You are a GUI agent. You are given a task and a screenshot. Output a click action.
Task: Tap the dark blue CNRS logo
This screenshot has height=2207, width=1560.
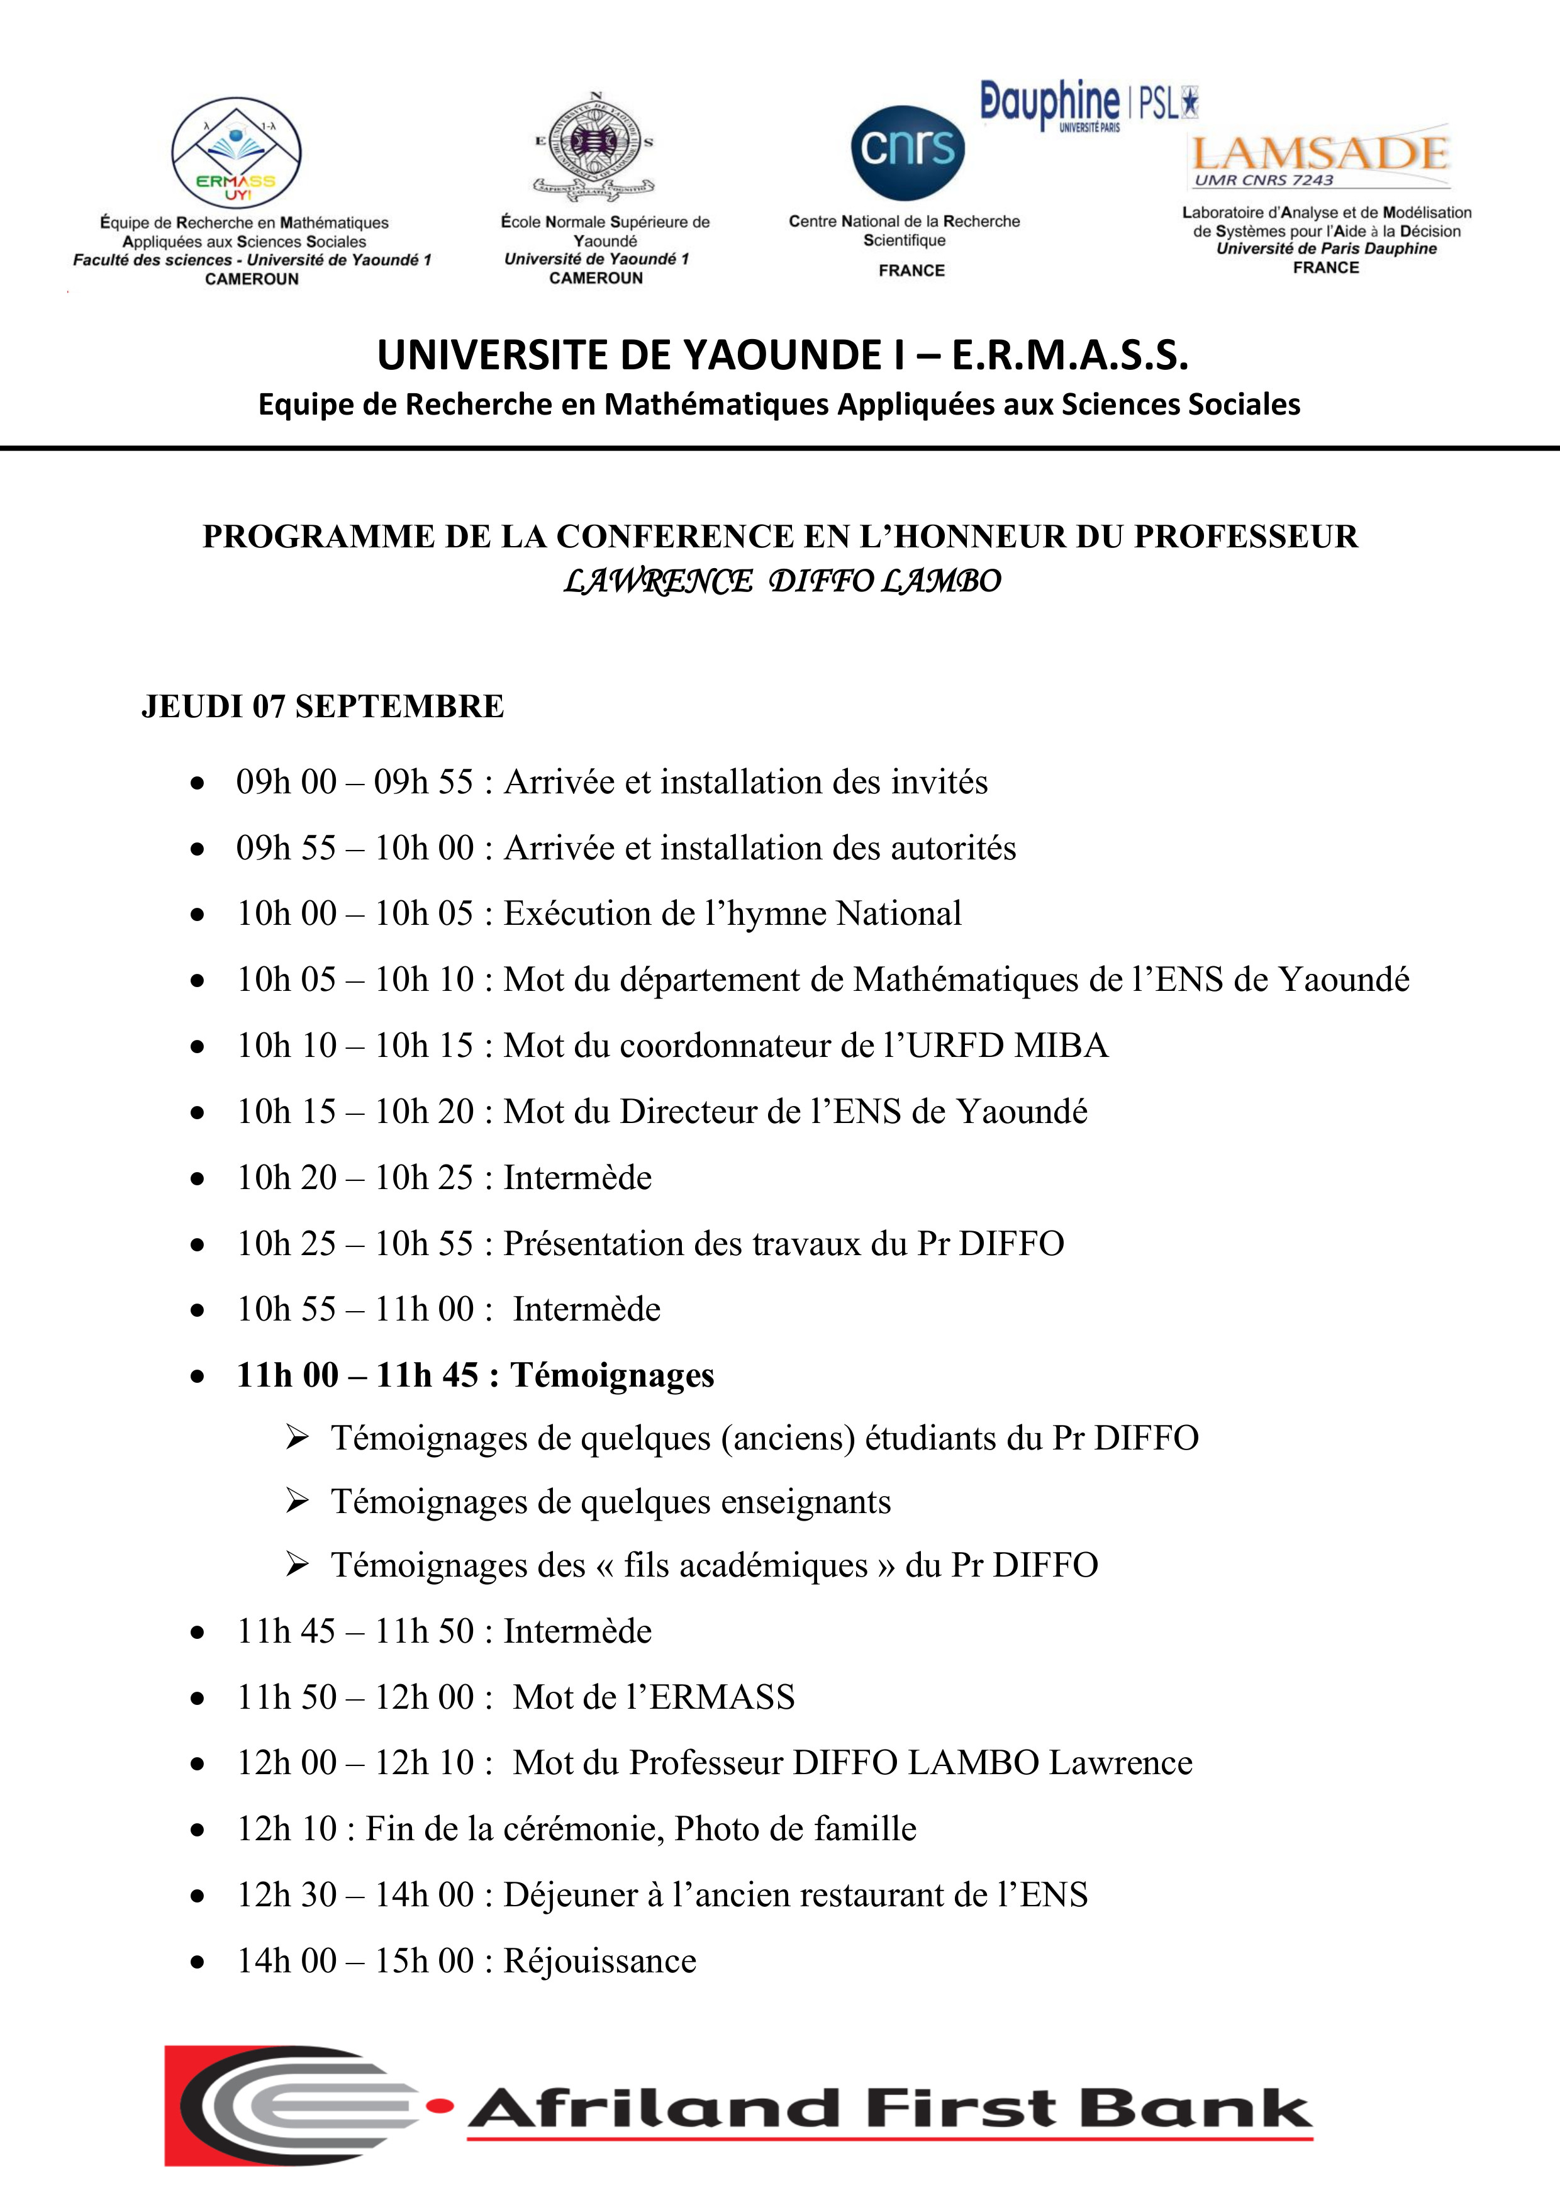[906, 151]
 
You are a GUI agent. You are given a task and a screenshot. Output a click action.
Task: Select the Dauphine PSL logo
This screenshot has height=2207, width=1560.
[1088, 104]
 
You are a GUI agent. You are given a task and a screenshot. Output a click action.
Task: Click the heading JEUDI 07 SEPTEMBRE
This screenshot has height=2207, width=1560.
[322, 707]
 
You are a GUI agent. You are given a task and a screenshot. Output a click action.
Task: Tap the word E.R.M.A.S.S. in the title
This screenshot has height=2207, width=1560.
[1070, 355]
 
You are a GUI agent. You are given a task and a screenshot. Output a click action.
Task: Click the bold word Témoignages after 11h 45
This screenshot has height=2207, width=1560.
[612, 1375]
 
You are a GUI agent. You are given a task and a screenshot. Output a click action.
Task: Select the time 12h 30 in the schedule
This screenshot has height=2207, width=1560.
[286, 1894]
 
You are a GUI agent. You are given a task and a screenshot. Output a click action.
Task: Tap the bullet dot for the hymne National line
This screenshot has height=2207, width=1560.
[197, 915]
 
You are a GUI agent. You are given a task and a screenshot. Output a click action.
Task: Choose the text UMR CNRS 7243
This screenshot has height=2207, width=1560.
[1263, 181]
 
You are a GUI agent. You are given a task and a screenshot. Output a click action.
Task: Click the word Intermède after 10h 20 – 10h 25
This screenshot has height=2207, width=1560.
[577, 1178]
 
